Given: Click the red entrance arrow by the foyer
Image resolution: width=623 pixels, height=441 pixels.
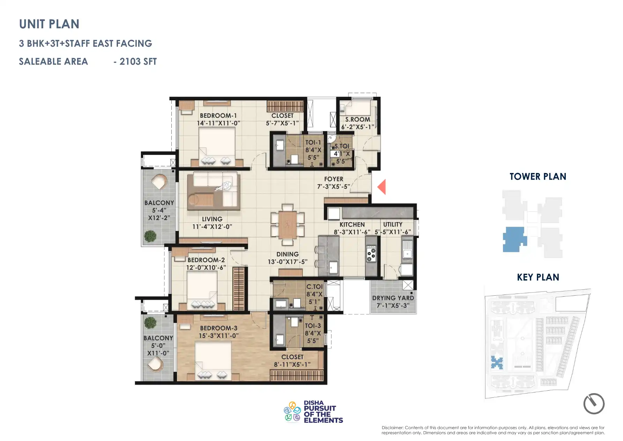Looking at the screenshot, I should coord(382,187).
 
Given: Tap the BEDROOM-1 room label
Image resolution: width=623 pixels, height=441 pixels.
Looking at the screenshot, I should coord(218,116).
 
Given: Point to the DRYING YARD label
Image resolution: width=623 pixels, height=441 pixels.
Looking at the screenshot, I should coord(393,298).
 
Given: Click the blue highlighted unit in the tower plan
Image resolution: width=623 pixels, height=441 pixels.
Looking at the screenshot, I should coord(514,239).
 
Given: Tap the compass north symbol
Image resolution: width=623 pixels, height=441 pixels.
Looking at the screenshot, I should coord(594,404).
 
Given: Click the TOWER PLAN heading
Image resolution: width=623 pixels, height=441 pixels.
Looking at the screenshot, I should coord(537,177).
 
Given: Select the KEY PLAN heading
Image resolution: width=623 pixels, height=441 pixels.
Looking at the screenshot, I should coord(538,277).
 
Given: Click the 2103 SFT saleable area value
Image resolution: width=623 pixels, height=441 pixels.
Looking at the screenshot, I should coord(138,62).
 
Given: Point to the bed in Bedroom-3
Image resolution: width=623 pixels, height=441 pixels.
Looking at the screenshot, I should coord(213,360).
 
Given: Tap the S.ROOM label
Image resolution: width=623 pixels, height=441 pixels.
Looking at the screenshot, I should coord(357,120).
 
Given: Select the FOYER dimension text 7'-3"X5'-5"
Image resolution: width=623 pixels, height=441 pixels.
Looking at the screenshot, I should coord(333,187).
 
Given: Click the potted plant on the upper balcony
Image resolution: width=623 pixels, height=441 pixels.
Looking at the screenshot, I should coord(150,236).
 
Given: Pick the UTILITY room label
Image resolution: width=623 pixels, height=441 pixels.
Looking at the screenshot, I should coord(393,224).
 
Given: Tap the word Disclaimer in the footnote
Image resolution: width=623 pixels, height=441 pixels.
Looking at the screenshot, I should coord(392,428).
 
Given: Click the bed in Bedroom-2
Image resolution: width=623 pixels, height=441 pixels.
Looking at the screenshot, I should coord(202,290).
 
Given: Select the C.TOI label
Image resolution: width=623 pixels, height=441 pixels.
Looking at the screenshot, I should coord(314,287).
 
